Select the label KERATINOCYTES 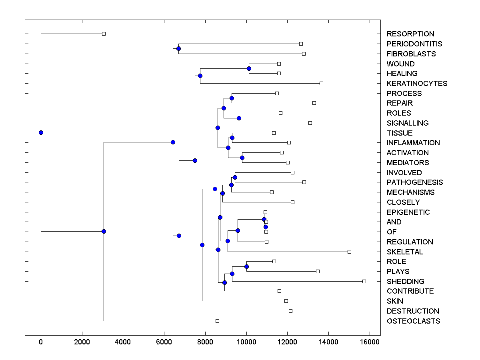tap(417, 84)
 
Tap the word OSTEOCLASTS tap(413, 321)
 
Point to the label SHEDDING tap(405, 282)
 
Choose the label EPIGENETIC tap(408, 212)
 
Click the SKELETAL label tap(404, 252)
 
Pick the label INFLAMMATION tap(413, 143)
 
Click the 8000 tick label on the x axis tap(205, 342)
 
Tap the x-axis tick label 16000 tap(370, 342)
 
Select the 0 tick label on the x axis tap(41, 342)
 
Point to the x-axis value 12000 tap(287, 342)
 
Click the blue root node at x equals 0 tap(41, 133)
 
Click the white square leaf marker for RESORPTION tap(104, 34)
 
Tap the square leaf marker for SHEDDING tap(364, 281)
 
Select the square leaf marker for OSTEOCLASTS tap(217, 321)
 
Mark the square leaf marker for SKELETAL tap(349, 252)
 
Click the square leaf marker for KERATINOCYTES tap(321, 83)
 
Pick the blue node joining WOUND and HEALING tap(249, 69)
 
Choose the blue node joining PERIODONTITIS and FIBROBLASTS tap(178, 49)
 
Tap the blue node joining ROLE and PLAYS tap(246, 266)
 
